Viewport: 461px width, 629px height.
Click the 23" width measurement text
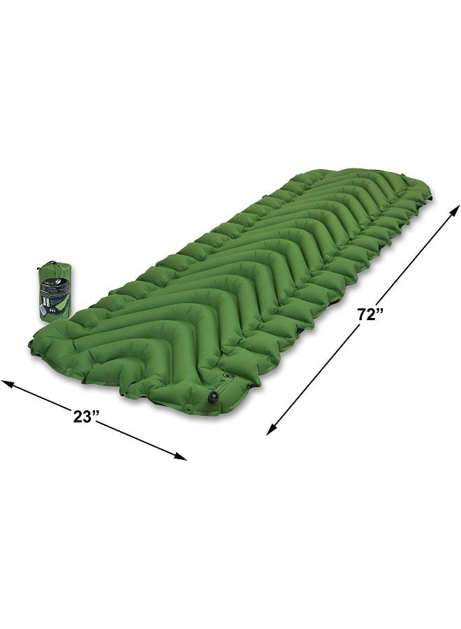[87, 417]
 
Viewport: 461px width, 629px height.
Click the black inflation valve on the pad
[211, 397]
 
